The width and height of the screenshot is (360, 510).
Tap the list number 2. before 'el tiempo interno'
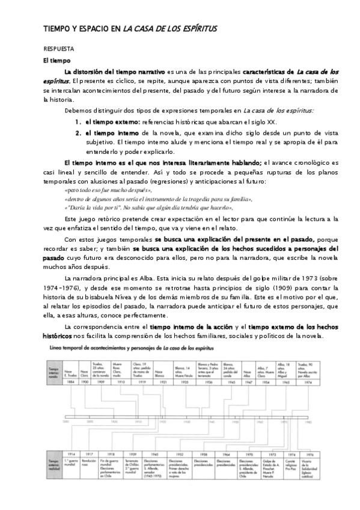click(78, 132)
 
